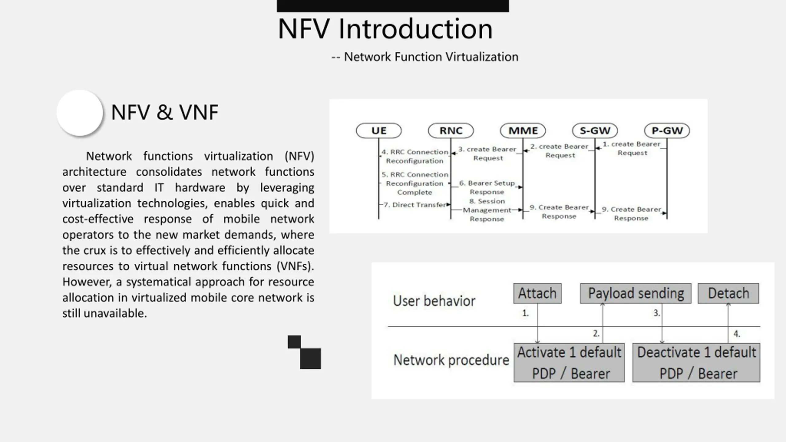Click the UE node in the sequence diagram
[379, 131]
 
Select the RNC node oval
[451, 131]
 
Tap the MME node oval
[523, 131]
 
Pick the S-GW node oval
[595, 131]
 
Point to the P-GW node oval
[667, 131]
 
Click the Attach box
[537, 293]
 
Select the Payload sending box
[636, 293]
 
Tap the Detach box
[728, 293]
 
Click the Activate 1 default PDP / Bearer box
[569, 363]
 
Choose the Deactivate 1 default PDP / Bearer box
[696, 363]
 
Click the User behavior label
[434, 301]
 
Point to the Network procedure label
[451, 360]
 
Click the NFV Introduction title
[385, 29]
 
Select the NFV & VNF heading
[165, 112]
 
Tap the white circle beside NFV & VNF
[80, 113]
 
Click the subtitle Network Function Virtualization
[431, 57]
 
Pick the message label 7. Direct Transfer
[414, 205]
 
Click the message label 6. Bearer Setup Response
[487, 187]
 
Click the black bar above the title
[393, 6]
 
